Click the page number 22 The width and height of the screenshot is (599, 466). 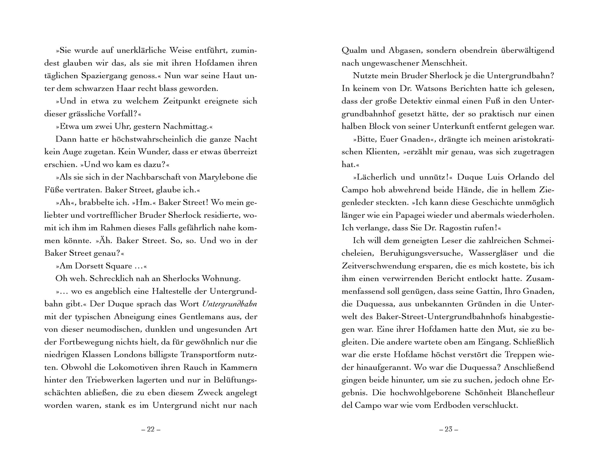(x=151, y=429)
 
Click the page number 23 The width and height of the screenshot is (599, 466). (x=448, y=429)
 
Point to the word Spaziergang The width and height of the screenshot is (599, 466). (x=105, y=76)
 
